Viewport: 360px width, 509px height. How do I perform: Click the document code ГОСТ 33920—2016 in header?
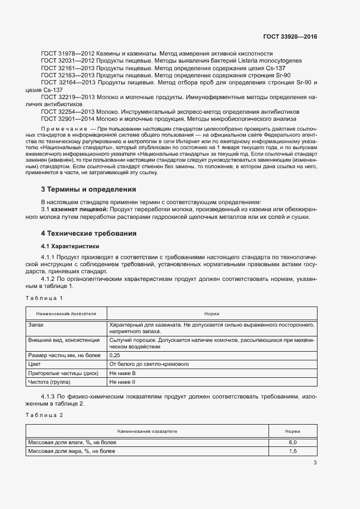click(290, 37)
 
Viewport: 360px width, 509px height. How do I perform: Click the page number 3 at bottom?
click(315, 463)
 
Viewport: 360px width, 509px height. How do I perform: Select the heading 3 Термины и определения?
click(88, 189)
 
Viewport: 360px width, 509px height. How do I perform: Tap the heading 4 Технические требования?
click(89, 233)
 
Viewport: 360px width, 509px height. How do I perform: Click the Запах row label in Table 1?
click(36, 324)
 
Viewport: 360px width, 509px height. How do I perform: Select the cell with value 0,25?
click(115, 354)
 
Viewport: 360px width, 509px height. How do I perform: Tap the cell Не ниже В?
click(123, 373)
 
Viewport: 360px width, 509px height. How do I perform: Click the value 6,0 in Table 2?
click(292, 442)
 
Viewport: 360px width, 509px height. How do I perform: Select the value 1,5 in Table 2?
click(292, 451)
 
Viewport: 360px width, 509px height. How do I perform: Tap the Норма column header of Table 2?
click(292, 431)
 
